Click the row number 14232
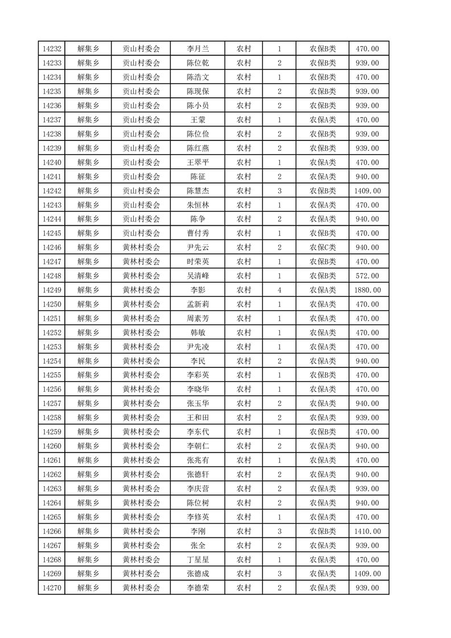click(52, 49)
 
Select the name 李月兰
click(198, 49)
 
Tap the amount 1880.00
click(367, 290)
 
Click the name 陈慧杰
click(198, 191)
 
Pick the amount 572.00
click(367, 276)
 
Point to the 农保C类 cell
click(322, 247)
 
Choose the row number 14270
click(52, 588)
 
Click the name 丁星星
click(198, 560)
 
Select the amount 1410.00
click(367, 531)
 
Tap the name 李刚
click(198, 531)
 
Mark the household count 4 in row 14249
click(279, 290)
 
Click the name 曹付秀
click(198, 233)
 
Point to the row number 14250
click(52, 304)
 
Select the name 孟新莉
click(198, 304)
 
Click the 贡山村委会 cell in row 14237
click(142, 120)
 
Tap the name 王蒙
click(198, 120)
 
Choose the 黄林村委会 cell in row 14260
click(142, 446)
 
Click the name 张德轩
click(198, 474)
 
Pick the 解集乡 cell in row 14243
click(88, 205)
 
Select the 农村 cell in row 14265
click(244, 517)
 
